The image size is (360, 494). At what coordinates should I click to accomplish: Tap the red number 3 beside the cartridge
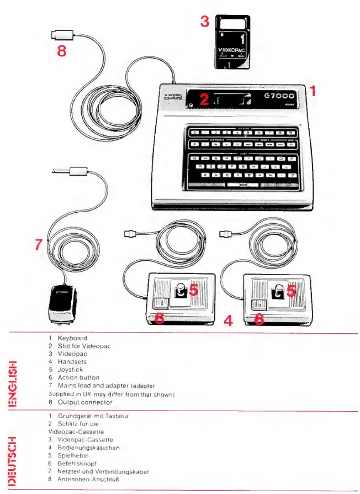(x=205, y=22)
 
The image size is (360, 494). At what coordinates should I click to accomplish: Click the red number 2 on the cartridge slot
(x=204, y=99)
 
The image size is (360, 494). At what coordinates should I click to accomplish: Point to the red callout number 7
(x=38, y=245)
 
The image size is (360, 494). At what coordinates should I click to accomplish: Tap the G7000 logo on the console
(x=279, y=97)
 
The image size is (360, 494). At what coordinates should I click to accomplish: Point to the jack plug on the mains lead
(x=66, y=171)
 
